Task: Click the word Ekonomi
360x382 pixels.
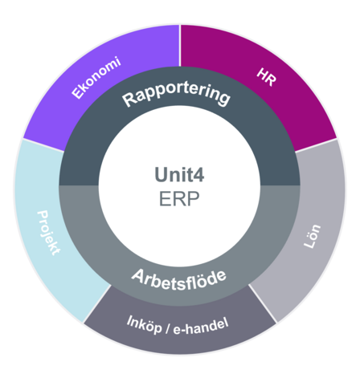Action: click(x=96, y=78)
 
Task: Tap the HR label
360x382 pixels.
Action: click(x=266, y=77)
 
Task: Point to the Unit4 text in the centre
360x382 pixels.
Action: click(x=179, y=175)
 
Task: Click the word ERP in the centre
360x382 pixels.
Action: click(x=179, y=199)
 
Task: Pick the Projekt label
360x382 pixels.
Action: click(x=49, y=233)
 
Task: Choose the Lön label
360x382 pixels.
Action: click(x=312, y=236)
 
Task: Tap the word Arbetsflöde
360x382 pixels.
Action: click(x=179, y=280)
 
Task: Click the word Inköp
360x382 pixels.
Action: click(x=144, y=324)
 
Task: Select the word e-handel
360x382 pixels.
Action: click(x=201, y=327)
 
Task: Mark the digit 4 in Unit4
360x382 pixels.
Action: click(x=198, y=175)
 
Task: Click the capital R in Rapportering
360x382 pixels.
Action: click(x=129, y=100)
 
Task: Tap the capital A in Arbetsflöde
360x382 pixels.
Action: click(x=138, y=275)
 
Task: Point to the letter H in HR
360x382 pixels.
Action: click(x=263, y=74)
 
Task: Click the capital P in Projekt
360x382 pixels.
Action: click(x=43, y=215)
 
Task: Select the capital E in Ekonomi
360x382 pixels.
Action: click(x=77, y=94)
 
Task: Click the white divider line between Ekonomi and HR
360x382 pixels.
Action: click(x=180, y=46)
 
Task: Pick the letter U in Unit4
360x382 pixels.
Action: click(x=162, y=175)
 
